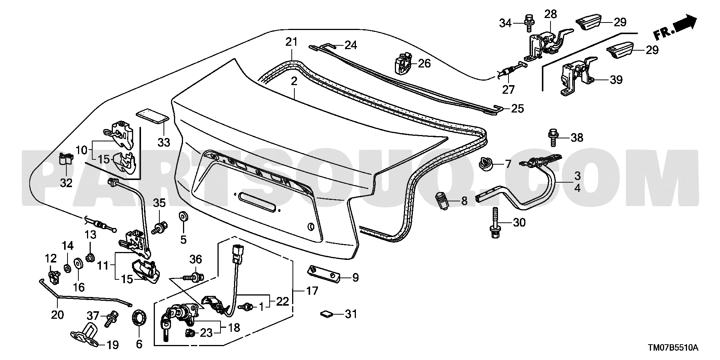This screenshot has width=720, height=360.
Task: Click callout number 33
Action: [x=164, y=142]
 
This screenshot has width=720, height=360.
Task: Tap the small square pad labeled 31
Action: [x=326, y=314]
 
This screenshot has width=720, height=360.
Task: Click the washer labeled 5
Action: [x=183, y=216]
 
